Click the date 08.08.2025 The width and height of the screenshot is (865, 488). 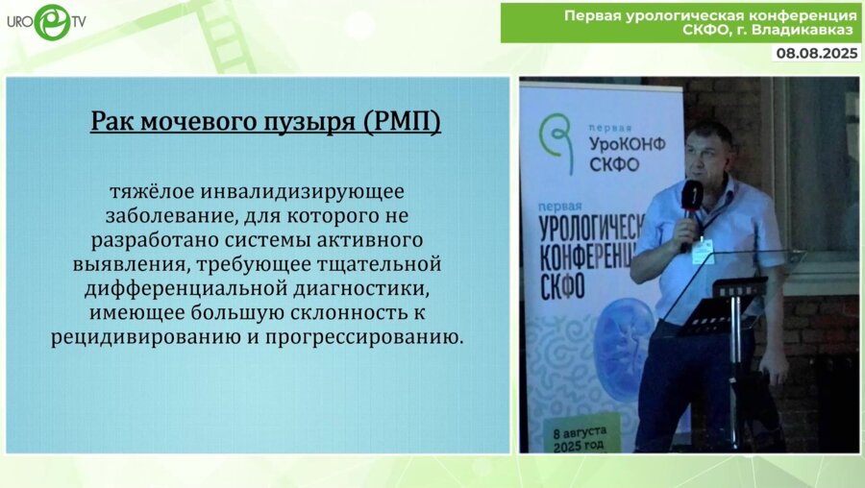(817, 54)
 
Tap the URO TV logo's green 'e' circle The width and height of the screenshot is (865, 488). (51, 21)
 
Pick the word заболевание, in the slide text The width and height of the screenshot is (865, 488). (159, 213)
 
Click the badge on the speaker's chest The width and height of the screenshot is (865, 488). (704, 248)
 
